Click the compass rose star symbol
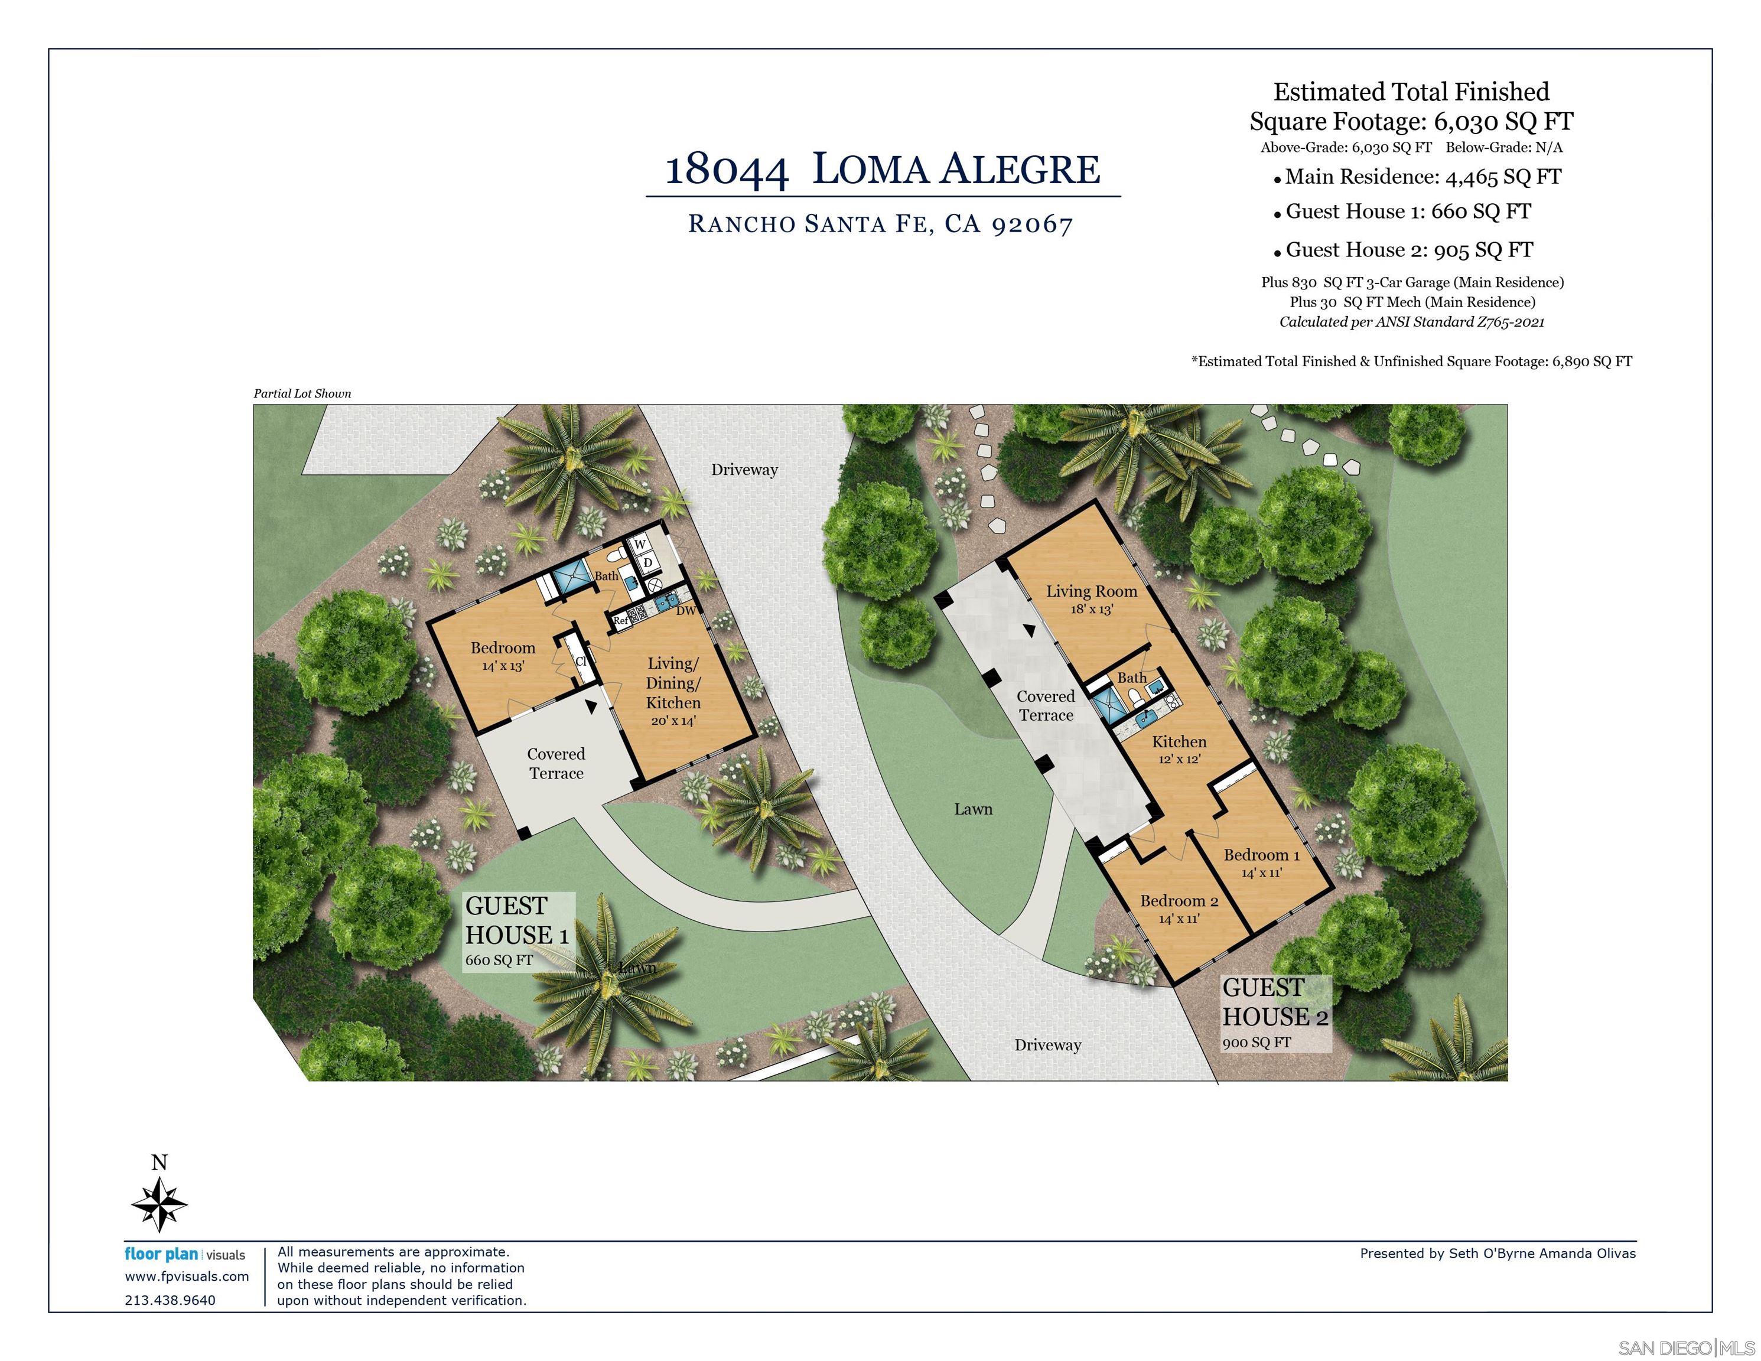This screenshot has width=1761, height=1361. pyautogui.click(x=159, y=1204)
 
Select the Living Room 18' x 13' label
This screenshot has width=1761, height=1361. pyautogui.click(x=1091, y=599)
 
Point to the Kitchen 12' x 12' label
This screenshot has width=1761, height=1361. pyautogui.click(x=1179, y=749)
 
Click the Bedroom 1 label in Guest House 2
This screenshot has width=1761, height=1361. pyautogui.click(x=1261, y=862)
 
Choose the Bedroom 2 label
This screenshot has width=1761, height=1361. pyautogui.click(x=1179, y=908)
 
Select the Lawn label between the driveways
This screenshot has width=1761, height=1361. pyautogui.click(x=973, y=809)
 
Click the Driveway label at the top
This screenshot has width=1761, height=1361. pyautogui.click(x=743, y=469)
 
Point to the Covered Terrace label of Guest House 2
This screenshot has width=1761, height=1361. pyautogui.click(x=1045, y=705)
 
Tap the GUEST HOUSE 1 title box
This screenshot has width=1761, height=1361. pyautogui.click(x=517, y=931)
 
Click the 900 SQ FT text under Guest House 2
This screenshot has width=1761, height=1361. pyautogui.click(x=1257, y=1041)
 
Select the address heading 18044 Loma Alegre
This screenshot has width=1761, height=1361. pyautogui.click(x=882, y=170)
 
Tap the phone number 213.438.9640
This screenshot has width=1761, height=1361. pyautogui.click(x=170, y=1300)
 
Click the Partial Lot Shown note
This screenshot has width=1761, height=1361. pyautogui.click(x=302, y=393)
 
